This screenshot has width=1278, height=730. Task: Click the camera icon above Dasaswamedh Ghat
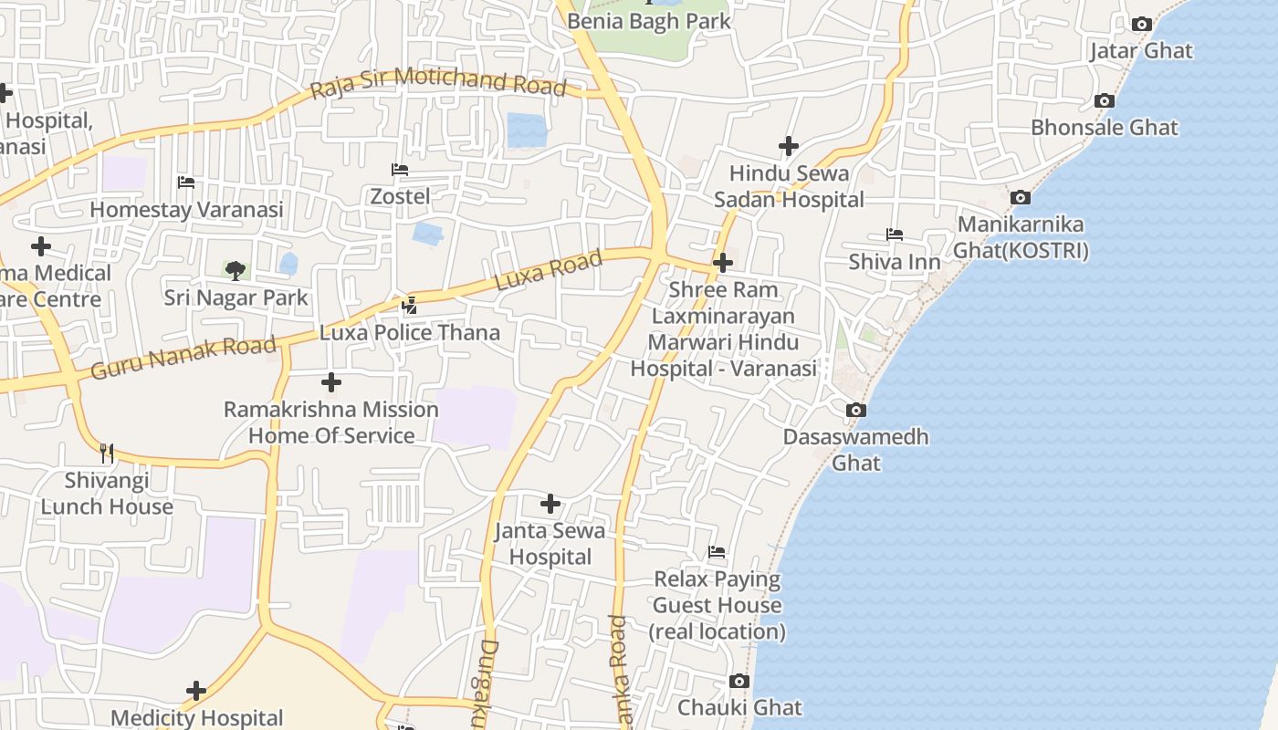click(855, 411)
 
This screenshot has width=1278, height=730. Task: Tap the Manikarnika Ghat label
click(1021, 237)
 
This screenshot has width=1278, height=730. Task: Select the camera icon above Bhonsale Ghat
click(1105, 101)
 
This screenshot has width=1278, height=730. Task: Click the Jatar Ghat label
click(1141, 50)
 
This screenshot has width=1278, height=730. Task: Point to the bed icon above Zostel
click(399, 170)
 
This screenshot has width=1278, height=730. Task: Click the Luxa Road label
click(549, 270)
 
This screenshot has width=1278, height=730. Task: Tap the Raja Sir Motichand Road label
click(438, 83)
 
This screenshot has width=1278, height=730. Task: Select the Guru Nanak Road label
click(183, 358)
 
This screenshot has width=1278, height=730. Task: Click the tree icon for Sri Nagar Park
click(236, 270)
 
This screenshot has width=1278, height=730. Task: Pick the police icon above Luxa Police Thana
click(410, 306)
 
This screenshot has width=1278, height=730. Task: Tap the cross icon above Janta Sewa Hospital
click(550, 504)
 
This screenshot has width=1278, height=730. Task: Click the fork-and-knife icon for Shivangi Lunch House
click(107, 453)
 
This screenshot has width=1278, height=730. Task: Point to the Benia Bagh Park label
click(649, 20)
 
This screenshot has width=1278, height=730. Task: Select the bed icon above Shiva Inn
click(895, 235)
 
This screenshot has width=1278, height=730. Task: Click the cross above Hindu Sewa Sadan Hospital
click(789, 146)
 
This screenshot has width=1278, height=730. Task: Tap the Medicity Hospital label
click(197, 718)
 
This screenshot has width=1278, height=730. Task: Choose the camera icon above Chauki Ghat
click(739, 682)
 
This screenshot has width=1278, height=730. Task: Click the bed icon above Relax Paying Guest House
click(717, 552)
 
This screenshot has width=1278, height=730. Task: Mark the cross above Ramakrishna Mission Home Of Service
click(331, 382)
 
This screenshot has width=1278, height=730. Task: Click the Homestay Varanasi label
click(186, 210)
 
